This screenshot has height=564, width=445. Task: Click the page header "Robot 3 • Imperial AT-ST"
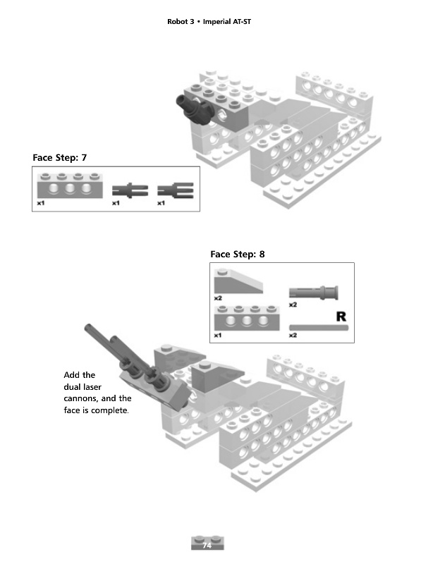point(209,23)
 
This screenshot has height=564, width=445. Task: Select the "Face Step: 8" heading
point(238,254)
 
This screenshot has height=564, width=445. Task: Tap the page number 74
point(207,546)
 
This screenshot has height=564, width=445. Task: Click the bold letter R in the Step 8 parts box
point(340,315)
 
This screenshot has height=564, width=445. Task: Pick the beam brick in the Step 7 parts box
point(68,187)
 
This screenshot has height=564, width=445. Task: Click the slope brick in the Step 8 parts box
point(238,282)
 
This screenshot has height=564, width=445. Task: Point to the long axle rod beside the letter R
point(319,326)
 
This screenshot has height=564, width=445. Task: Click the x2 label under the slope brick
point(218,298)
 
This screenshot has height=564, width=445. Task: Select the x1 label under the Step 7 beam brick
point(41,203)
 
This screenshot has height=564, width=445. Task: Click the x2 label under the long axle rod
point(293,336)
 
